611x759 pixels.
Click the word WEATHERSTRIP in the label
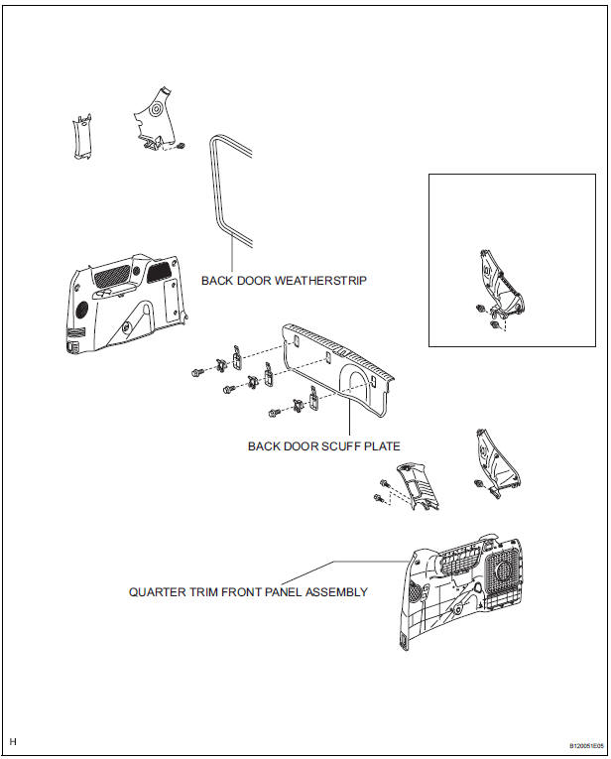click(325, 281)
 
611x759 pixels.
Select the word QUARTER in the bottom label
click(158, 592)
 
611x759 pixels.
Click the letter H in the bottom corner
click(13, 741)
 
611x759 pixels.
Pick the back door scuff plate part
click(337, 367)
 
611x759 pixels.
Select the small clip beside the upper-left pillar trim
click(183, 146)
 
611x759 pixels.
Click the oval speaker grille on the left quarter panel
click(79, 310)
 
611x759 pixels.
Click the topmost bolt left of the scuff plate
click(198, 372)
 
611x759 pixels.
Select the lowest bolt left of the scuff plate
click(272, 411)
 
